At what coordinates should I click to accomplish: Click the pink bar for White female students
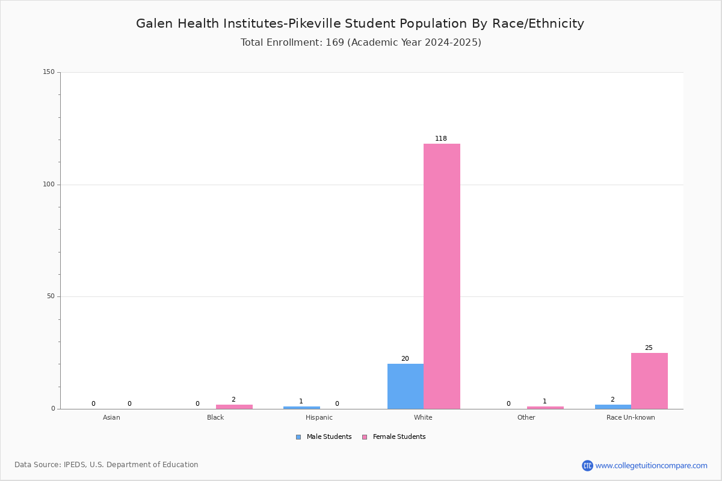[442, 277]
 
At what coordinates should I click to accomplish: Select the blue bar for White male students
[406, 386]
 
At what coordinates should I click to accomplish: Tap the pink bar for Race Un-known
[649, 381]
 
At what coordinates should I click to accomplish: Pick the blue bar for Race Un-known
[613, 407]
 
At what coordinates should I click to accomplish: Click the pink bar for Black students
[234, 407]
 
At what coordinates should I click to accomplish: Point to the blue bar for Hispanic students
[301, 408]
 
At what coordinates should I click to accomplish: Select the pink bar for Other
[545, 408]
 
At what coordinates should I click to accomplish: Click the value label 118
[441, 138]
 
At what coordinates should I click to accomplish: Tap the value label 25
[649, 348]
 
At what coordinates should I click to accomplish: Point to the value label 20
[405, 358]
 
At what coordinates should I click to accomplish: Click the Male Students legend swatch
[298, 437]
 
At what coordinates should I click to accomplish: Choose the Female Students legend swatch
[365, 437]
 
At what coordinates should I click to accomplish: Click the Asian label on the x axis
[111, 417]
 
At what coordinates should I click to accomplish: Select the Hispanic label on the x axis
[319, 417]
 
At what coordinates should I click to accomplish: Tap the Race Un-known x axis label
[631, 417]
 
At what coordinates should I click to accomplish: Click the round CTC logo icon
[587, 465]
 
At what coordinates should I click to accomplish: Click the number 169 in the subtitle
[335, 43]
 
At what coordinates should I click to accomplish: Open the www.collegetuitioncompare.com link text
[652, 466]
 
